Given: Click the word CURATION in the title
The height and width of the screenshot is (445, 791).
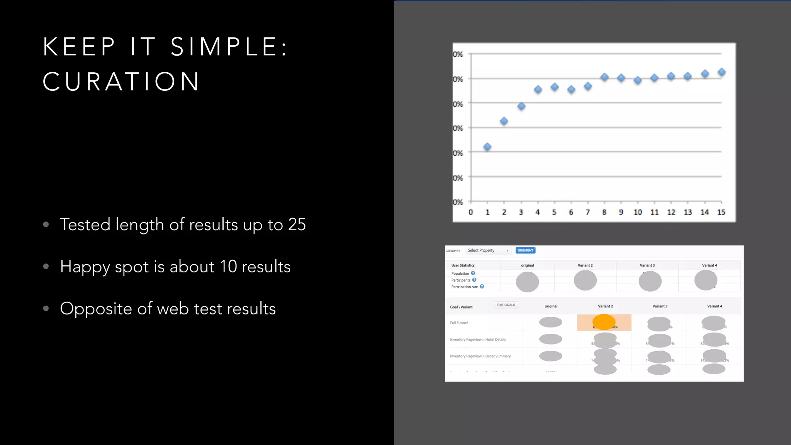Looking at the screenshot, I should (121, 82).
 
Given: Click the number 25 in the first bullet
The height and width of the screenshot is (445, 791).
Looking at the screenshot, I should (297, 224).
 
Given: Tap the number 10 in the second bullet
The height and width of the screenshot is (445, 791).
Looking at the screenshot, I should (228, 267).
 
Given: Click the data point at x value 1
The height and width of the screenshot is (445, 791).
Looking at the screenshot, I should (487, 147).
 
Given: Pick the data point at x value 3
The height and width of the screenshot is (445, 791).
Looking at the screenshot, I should (521, 106).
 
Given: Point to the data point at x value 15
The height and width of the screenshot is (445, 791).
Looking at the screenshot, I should (721, 72).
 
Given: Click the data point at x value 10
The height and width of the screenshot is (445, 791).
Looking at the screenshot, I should (638, 80).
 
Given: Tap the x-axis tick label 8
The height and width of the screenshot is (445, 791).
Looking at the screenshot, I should (604, 212).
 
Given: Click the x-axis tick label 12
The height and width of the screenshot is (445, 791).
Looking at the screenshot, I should (671, 212).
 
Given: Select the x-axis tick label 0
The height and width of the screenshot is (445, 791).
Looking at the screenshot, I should (470, 212).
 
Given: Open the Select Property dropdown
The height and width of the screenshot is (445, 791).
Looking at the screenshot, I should (488, 250).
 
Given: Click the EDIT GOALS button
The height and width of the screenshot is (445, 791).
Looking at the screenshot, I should (506, 305).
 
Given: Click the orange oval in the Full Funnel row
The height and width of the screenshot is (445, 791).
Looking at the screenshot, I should (604, 322).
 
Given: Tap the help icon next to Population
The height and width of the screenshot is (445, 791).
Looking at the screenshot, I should (473, 273).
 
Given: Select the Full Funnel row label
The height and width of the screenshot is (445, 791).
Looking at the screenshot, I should (459, 323).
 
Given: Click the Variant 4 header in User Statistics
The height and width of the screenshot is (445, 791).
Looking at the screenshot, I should (710, 265).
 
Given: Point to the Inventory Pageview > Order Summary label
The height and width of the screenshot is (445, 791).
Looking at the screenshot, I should (480, 356).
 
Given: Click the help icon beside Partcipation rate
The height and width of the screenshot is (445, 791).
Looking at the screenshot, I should (482, 287).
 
